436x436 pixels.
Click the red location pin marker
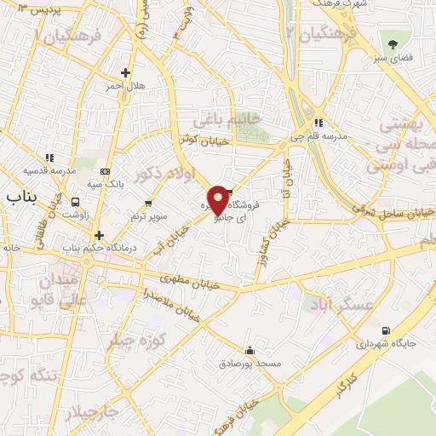click(218, 200)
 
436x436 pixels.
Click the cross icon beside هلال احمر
click(126, 73)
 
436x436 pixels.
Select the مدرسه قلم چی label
click(328, 136)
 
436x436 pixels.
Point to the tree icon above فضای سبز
click(393, 44)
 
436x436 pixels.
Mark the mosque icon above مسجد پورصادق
click(250, 350)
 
